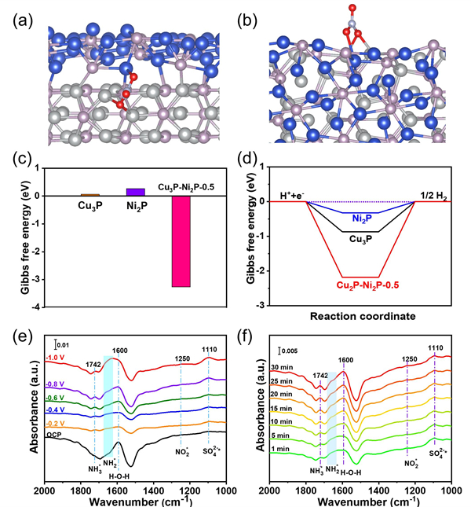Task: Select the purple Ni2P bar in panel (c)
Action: click(x=135, y=191)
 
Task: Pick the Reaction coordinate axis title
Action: click(x=360, y=318)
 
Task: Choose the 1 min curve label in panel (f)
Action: click(x=282, y=448)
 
